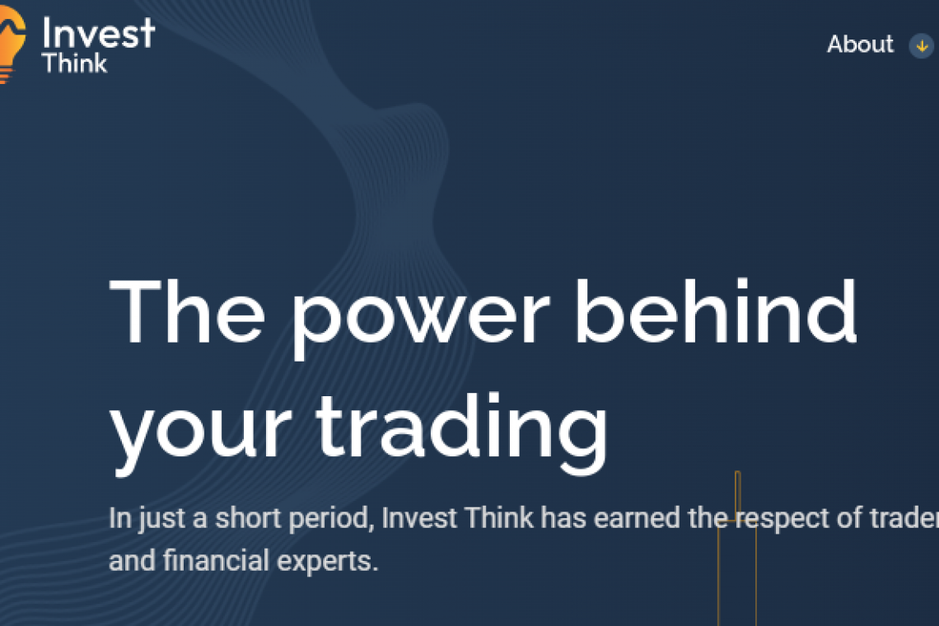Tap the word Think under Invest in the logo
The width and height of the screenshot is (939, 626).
pos(74,63)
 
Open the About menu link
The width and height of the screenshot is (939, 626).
pos(860,44)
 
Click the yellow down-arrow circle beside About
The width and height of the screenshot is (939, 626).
pos(922,45)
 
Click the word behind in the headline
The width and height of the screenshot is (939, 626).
pos(717,311)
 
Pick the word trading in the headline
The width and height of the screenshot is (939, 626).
pos(462,432)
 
